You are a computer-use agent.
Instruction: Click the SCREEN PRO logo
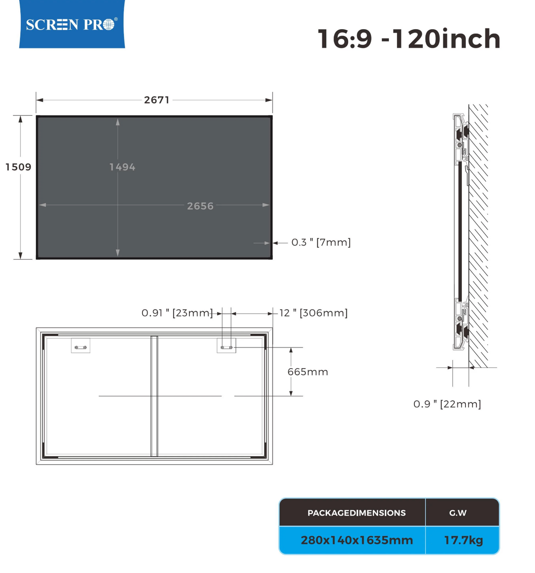pos(72,24)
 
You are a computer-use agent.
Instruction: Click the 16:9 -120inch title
pos(409,39)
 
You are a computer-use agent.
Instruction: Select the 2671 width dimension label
pos(157,100)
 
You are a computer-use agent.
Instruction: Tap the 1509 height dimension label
pos(18,167)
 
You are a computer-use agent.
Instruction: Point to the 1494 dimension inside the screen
pos(122,167)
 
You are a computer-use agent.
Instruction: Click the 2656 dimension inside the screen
pos(200,206)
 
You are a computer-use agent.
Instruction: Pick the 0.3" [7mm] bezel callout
pos(321,242)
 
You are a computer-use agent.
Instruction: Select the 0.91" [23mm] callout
pos(177,313)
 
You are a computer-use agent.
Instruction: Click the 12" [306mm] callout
pos(313,313)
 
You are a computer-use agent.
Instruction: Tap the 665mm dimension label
pos(308,372)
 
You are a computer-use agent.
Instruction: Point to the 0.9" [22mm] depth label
pos(447,404)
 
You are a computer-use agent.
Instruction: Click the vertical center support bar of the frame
pos(154,396)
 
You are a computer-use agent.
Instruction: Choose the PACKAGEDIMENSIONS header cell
pos(356,513)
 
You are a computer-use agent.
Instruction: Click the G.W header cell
pos(458,513)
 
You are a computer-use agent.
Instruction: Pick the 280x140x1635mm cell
pos(356,540)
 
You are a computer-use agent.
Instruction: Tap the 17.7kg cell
pos(463,540)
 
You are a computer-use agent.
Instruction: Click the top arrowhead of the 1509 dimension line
pos(20,119)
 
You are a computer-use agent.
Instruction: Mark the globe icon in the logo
pos(108,25)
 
